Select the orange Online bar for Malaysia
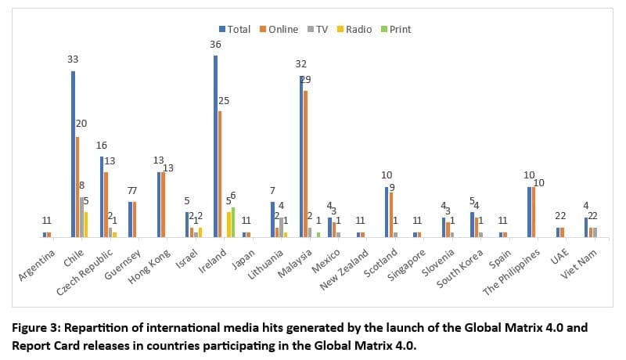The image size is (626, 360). click(305, 164)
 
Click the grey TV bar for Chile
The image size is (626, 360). click(82, 217)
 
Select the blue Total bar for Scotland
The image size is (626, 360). click(387, 211)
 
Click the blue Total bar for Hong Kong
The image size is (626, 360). click(159, 204)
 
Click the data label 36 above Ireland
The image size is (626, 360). click(215, 45)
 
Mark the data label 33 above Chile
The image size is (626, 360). click(73, 59)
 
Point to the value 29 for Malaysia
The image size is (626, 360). click(306, 80)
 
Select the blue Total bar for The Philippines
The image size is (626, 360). click(529, 211)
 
